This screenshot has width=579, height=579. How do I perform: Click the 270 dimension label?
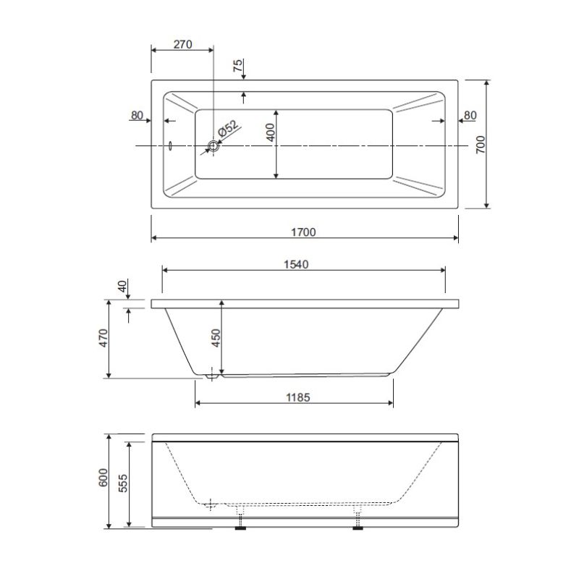[x=183, y=44]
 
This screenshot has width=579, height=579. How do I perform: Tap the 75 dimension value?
[x=238, y=65]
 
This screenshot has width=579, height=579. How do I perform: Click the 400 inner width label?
[x=270, y=132]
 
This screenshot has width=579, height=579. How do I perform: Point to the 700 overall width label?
[x=480, y=145]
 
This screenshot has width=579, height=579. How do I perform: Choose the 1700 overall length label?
[x=303, y=232]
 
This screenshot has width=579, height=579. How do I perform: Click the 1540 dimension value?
[x=296, y=264]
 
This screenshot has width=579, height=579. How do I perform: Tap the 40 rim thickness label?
[x=122, y=286]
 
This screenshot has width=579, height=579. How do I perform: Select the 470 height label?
[x=103, y=338]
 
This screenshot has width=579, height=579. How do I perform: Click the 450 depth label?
[x=215, y=338]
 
